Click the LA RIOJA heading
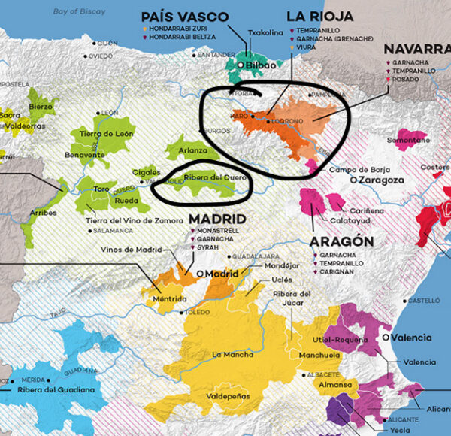314,16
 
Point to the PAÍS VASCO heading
185,16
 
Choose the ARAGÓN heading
341,241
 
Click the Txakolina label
266,32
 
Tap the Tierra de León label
106,133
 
